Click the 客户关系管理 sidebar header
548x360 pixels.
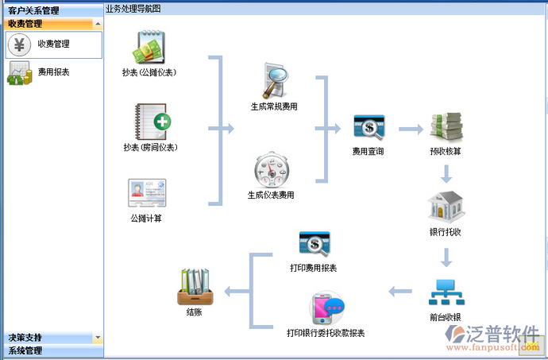[x=33, y=10]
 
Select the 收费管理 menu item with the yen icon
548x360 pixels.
[x=53, y=45]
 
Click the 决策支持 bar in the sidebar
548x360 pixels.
[x=25, y=338]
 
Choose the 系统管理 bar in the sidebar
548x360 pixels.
[x=25, y=350]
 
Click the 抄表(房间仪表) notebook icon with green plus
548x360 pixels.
[x=150, y=121]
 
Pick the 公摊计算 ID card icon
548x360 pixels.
[x=147, y=194]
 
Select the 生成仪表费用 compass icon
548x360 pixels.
[x=270, y=169]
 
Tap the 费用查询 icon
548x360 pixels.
[x=368, y=128]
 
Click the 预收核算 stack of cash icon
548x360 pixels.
[x=446, y=128]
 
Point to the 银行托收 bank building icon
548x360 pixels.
[x=446, y=207]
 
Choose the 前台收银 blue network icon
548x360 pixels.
[x=446, y=292]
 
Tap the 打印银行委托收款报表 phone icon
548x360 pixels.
[x=326, y=308]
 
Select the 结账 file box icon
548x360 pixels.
[x=194, y=288]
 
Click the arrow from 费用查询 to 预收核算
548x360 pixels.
[x=410, y=128]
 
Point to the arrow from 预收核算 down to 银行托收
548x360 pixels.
[x=446, y=173]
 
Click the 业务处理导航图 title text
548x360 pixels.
[x=133, y=8]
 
